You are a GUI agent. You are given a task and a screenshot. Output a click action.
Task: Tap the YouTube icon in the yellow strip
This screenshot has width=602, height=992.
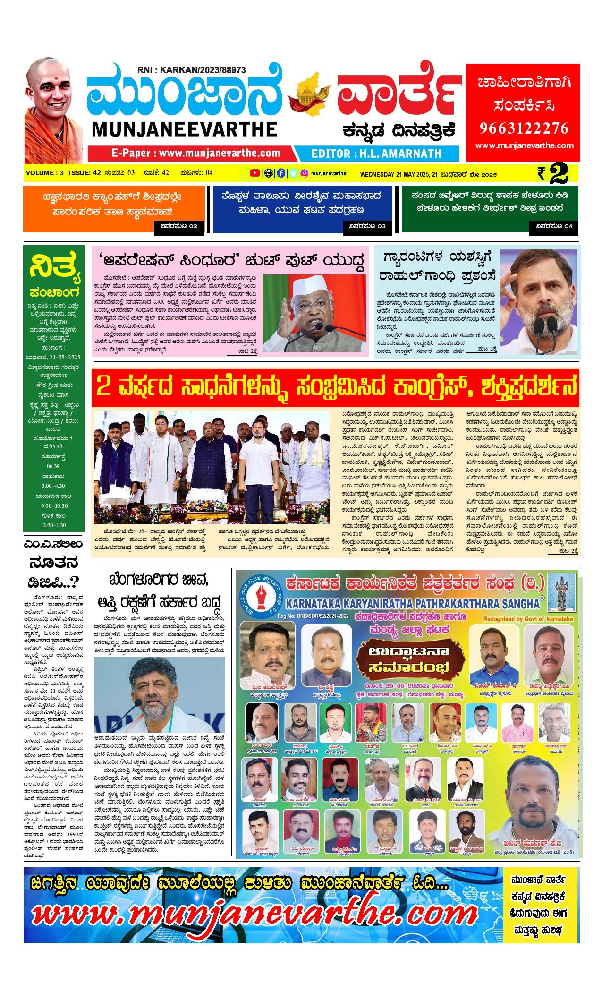254,173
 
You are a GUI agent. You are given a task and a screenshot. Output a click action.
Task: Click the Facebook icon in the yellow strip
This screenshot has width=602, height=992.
281,173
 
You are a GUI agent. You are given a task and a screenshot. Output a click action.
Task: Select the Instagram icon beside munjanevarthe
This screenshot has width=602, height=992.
305,173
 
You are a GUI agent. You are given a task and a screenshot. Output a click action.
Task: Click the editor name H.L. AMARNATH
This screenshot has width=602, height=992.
377,154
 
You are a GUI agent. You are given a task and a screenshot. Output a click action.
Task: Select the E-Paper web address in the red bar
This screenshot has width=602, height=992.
195,153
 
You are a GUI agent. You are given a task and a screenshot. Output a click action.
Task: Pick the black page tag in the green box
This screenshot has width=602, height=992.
554,226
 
